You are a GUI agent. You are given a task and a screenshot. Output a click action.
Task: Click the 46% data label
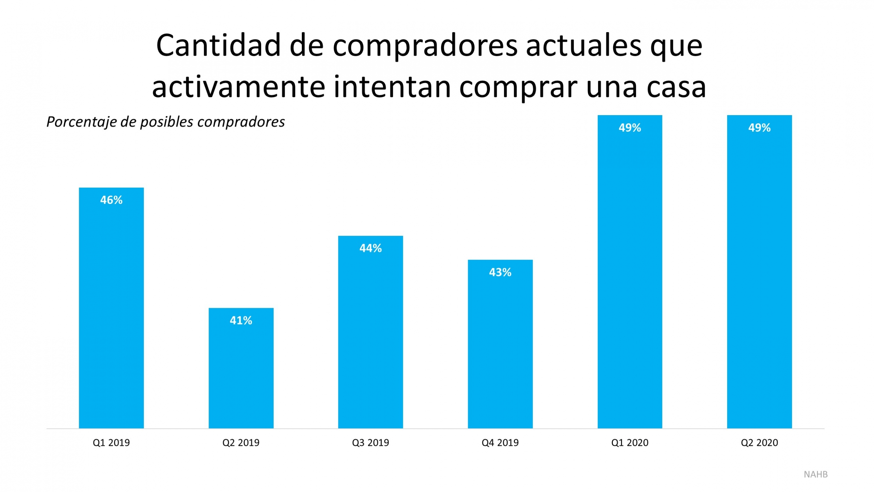(111, 200)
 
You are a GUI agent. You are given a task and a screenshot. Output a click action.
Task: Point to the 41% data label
(241, 320)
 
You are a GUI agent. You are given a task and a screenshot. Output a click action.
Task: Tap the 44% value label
(370, 248)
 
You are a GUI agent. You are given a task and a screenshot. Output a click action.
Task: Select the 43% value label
(500, 272)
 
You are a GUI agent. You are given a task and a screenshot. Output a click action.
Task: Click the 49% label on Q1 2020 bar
(630, 128)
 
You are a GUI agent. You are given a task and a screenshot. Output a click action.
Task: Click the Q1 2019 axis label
(111, 443)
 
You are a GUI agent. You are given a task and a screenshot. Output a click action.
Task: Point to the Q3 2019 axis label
(370, 443)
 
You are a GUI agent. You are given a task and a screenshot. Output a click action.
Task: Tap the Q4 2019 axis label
(500, 443)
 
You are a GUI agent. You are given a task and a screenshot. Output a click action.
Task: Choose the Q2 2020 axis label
(759, 443)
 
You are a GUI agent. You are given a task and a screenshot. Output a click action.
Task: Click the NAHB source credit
(816, 475)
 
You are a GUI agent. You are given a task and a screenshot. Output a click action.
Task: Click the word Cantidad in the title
(218, 46)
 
